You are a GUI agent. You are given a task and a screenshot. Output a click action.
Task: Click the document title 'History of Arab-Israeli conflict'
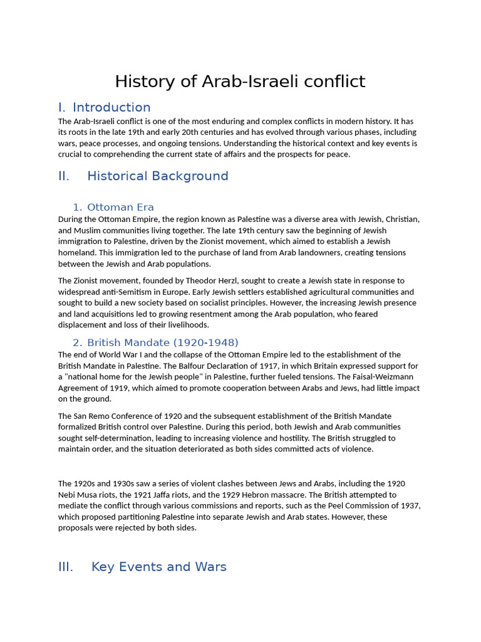240,82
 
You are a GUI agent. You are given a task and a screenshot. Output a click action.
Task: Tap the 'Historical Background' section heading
158,176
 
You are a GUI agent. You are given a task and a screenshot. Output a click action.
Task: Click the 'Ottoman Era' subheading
120,208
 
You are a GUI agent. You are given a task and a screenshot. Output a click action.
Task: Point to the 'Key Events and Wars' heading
159,567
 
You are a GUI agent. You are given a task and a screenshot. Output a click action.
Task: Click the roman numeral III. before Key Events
66,567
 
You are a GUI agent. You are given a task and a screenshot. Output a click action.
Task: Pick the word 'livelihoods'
187,325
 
